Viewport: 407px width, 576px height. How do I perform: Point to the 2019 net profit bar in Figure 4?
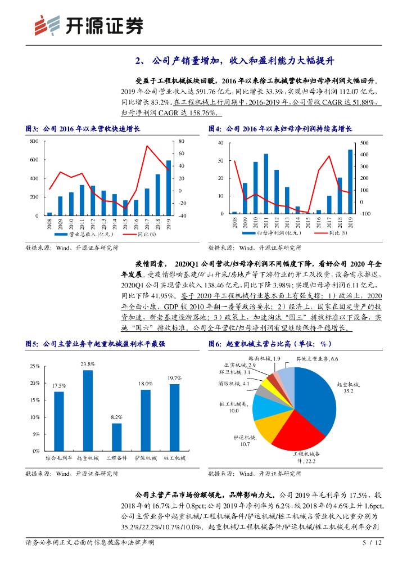350,181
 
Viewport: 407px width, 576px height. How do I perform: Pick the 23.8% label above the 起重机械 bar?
88,364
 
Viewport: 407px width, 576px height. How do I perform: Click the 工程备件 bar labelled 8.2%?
116,437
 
